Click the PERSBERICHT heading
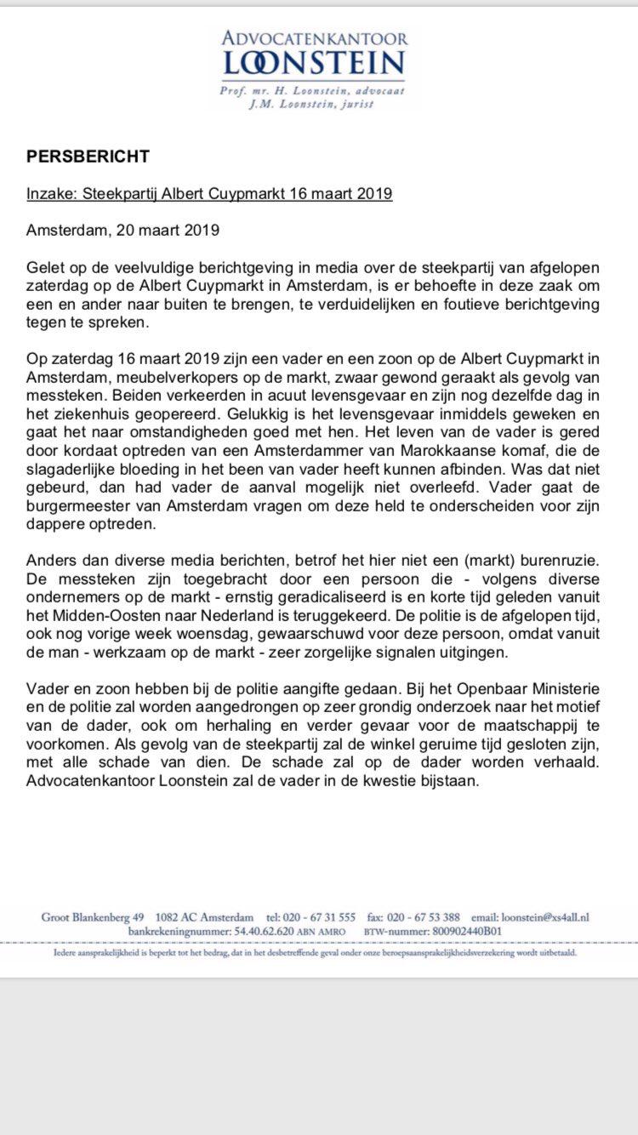tap(88, 157)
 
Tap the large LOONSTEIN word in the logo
tap(314, 63)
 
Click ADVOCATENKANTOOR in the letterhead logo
tap(315, 37)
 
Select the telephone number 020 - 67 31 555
tap(321, 917)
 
